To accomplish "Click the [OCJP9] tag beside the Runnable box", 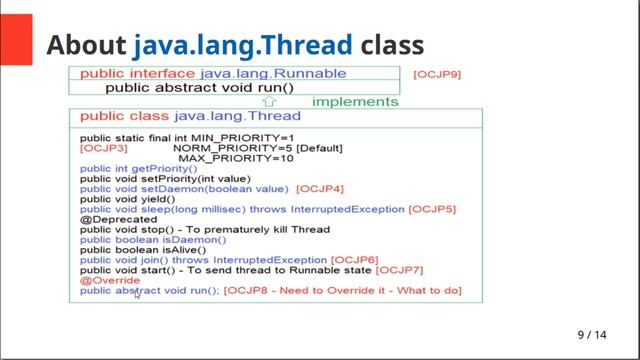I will tap(436, 74).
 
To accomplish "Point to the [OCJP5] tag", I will tap(432, 209).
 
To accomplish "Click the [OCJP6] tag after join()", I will tap(355, 260).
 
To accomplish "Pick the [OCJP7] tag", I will tap(401, 270).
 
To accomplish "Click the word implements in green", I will tap(355, 101).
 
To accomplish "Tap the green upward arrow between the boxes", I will tap(268, 101).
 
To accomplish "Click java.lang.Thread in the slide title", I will tap(243, 45).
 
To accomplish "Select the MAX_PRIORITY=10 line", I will tap(235, 158).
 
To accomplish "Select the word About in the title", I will tap(87, 45).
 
